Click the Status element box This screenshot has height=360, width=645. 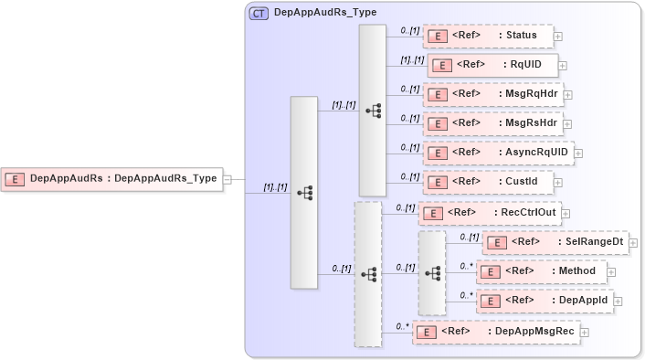tap(488, 36)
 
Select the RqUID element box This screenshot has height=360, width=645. tap(492, 65)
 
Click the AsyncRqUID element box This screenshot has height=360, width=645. tap(497, 153)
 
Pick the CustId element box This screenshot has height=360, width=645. tap(488, 182)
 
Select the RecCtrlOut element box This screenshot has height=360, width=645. tap(490, 213)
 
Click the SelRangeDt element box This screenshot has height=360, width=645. tap(555, 242)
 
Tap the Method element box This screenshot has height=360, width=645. tap(541, 271)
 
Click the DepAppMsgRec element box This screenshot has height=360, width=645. tap(496, 332)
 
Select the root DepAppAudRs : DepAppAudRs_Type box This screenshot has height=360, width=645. tap(113, 179)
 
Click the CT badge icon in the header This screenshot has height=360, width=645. tap(259, 14)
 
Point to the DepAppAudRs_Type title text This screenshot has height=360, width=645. tap(325, 14)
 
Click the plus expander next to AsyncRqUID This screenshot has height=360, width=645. tap(578, 154)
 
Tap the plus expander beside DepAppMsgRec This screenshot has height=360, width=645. tap(584, 333)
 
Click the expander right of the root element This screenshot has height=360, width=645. tap(227, 180)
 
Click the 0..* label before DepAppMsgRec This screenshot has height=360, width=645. tap(401, 326)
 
